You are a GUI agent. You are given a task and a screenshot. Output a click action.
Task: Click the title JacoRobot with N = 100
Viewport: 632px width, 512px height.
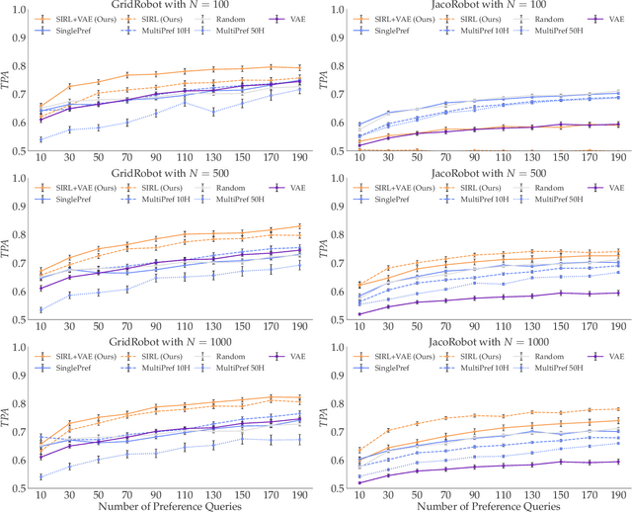(x=488, y=8)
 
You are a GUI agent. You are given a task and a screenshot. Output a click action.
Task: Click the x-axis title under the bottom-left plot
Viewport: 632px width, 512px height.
(x=174, y=504)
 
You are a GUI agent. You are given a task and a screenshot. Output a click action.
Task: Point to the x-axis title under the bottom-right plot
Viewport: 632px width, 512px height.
(x=488, y=504)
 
